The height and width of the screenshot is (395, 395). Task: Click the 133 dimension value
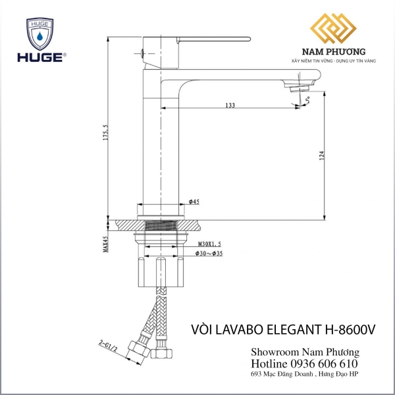coord(230,105)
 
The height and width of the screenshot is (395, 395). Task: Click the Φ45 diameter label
coord(194,201)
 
